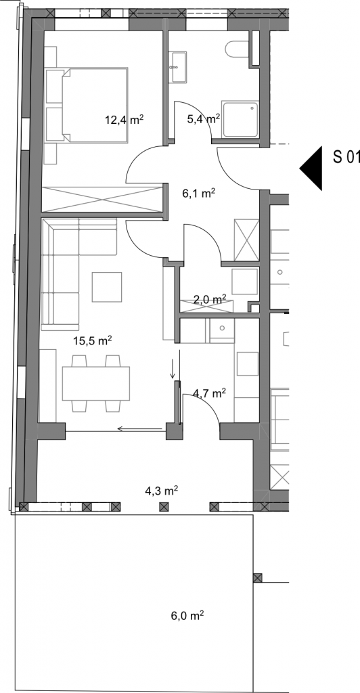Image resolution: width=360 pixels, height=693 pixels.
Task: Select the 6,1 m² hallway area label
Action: click(x=199, y=193)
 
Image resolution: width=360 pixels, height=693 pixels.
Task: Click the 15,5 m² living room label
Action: click(x=92, y=341)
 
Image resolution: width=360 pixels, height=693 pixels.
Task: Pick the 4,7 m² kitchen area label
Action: click(x=210, y=393)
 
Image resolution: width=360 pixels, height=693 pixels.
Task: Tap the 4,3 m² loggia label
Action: click(x=162, y=490)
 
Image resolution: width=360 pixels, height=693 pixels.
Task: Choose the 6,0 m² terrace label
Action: click(x=187, y=615)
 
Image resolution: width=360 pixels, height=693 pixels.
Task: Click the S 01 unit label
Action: click(x=346, y=156)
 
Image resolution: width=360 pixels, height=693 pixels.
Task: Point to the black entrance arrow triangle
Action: click(x=311, y=168)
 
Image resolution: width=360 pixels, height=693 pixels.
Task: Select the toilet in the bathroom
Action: click(x=238, y=49)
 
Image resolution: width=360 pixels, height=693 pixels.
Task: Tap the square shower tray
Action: click(x=240, y=120)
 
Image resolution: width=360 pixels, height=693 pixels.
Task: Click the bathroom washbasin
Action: click(x=179, y=67)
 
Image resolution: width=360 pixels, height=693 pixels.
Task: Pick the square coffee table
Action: click(x=107, y=287)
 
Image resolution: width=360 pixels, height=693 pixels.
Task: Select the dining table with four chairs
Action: click(x=96, y=383)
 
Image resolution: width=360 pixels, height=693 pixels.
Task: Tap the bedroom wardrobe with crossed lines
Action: click(x=103, y=200)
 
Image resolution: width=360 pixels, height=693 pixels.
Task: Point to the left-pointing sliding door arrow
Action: click(x=141, y=428)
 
